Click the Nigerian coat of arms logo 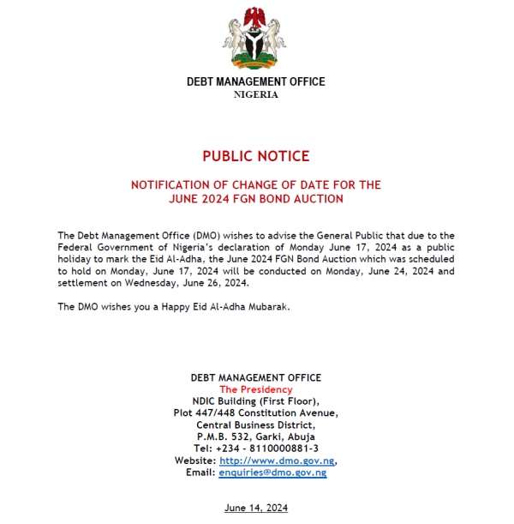pos(255,36)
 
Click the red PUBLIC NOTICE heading pos(256,156)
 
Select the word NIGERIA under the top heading pos(256,94)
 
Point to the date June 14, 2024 pos(256,508)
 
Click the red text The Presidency pos(256,388)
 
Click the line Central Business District pos(256,425)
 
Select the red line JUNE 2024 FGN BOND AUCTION pos(256,199)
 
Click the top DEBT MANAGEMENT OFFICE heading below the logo pos(256,82)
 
